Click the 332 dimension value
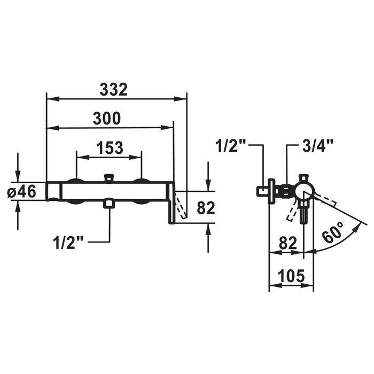(x=113, y=90)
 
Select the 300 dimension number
(x=107, y=119)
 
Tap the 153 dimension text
(x=110, y=148)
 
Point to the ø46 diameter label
(x=21, y=191)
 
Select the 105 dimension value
(x=291, y=276)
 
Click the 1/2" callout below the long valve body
(x=68, y=243)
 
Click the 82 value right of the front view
(x=206, y=207)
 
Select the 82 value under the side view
(x=288, y=243)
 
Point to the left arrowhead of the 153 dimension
(x=83, y=157)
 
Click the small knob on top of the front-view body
(x=109, y=178)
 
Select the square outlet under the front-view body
(x=108, y=204)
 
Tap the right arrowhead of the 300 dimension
(x=167, y=128)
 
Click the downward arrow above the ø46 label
(x=18, y=167)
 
